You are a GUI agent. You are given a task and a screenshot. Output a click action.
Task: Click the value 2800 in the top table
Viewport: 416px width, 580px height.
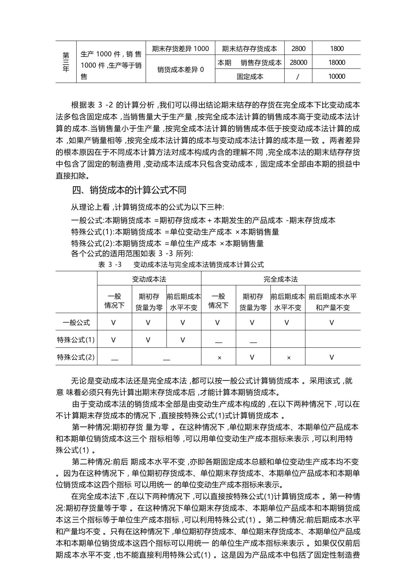[x=298, y=48]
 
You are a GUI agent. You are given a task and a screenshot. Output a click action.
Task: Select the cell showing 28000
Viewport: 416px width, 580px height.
[x=298, y=62]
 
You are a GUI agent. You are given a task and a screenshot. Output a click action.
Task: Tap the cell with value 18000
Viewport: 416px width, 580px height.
[x=336, y=62]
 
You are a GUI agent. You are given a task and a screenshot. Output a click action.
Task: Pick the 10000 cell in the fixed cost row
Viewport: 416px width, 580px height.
[x=336, y=76]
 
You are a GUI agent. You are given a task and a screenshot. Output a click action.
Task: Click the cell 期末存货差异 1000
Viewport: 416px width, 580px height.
[x=180, y=48]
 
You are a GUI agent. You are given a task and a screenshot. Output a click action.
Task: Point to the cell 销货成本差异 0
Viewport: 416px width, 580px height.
[x=180, y=69]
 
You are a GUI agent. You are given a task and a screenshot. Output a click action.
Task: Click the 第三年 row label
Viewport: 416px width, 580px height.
[x=66, y=62]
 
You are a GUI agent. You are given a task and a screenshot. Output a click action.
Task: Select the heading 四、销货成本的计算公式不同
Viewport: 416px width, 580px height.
[x=129, y=190]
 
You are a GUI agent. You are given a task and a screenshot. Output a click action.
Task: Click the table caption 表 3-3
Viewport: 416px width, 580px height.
[x=181, y=265]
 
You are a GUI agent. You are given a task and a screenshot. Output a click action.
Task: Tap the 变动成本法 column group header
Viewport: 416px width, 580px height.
[x=149, y=279]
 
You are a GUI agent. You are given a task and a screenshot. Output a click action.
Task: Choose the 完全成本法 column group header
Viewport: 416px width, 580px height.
[x=281, y=279]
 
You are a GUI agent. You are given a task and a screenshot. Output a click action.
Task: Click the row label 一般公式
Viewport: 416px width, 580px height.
[x=76, y=323]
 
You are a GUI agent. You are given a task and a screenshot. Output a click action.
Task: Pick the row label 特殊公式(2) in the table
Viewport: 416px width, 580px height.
[x=76, y=357]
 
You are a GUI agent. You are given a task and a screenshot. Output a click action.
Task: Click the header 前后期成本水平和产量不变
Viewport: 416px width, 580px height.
[x=333, y=302]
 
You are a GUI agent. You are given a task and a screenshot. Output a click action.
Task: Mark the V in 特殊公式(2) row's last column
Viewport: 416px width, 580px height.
[x=332, y=357]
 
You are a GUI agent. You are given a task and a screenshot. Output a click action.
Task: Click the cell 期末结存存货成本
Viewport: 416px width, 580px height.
[x=250, y=48]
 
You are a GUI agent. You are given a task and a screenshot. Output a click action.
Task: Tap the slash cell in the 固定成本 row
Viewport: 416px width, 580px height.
[x=298, y=77]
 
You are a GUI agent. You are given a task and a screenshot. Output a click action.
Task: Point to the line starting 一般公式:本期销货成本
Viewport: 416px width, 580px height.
[x=203, y=221]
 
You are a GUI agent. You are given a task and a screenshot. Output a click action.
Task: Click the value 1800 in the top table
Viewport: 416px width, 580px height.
[x=336, y=48]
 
